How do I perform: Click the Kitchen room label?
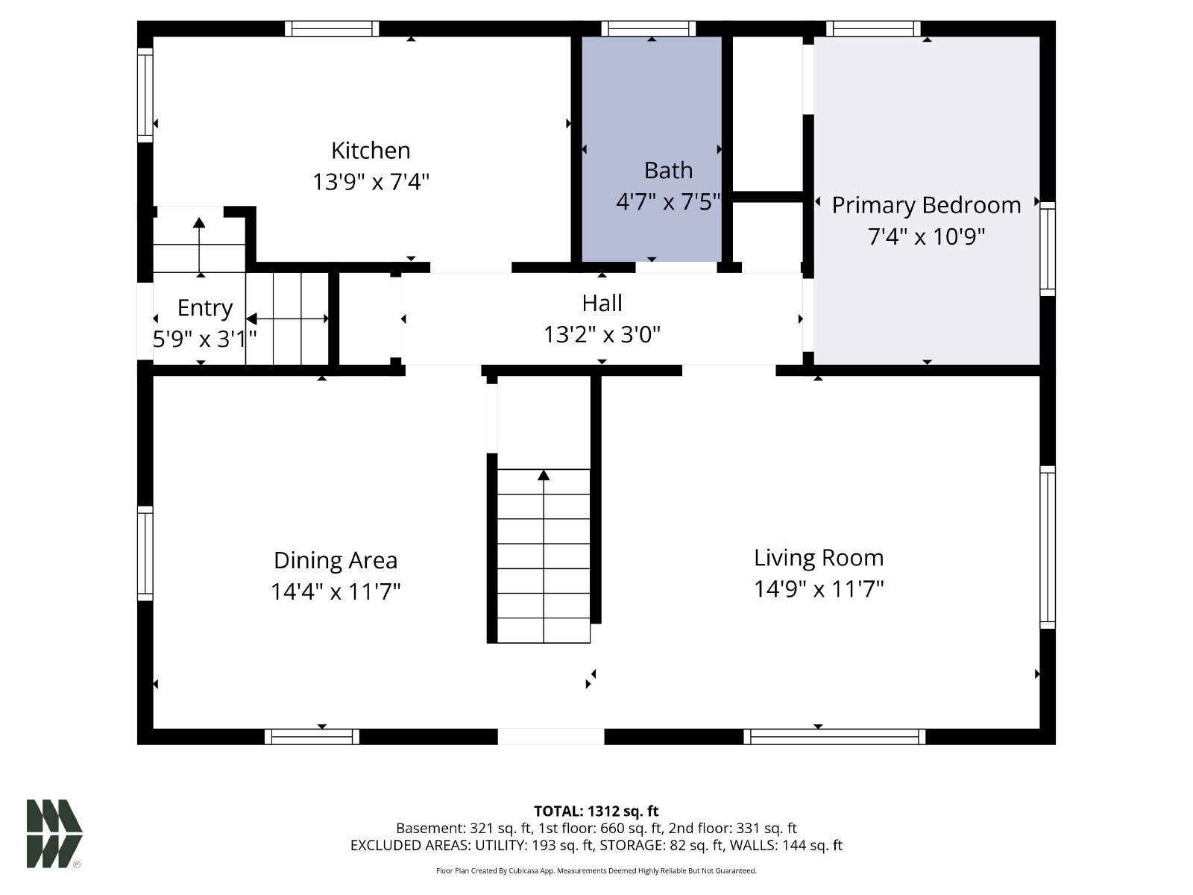tap(371, 151)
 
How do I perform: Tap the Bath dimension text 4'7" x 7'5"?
tap(668, 202)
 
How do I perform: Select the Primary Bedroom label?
tap(926, 205)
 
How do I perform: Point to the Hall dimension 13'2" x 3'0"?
tap(602, 334)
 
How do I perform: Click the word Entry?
tap(205, 308)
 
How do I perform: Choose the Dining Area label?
tap(336, 560)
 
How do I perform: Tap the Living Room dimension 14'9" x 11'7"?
tap(819, 588)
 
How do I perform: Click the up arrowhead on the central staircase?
tap(544, 475)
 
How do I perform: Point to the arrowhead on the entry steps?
tap(200, 222)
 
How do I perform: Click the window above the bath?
tap(649, 28)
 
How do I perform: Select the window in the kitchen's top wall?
tap(332, 28)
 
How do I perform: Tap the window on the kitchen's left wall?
tap(145, 95)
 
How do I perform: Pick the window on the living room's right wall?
tap(1048, 547)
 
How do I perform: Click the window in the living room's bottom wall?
tap(834, 736)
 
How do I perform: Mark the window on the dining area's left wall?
tap(145, 553)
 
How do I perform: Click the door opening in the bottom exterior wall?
tap(550, 736)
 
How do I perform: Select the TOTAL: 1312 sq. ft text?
tap(596, 811)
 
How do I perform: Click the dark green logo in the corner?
tap(54, 834)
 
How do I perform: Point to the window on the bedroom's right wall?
tap(1048, 249)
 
